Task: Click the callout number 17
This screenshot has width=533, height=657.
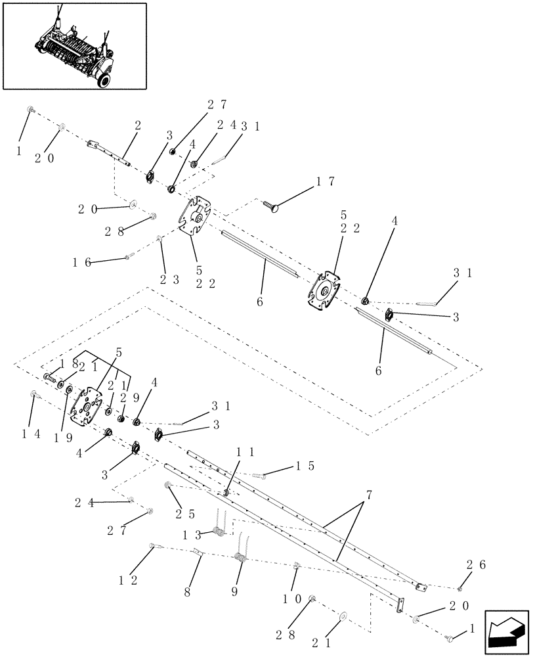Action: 326,180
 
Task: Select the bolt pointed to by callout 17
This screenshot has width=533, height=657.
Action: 270,207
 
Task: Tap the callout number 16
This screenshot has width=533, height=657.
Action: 81,262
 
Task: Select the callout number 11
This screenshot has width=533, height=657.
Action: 244,453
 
